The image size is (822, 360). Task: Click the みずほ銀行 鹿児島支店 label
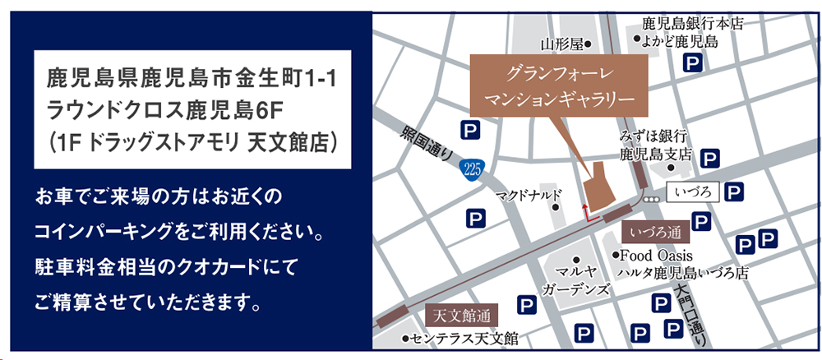[654, 145]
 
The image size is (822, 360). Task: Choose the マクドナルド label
[529, 196]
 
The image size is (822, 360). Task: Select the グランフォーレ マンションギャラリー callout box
[560, 86]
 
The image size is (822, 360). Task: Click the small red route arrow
[586, 211]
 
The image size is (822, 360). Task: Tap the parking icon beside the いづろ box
[737, 193]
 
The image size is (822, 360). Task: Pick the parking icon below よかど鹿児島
[695, 63]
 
